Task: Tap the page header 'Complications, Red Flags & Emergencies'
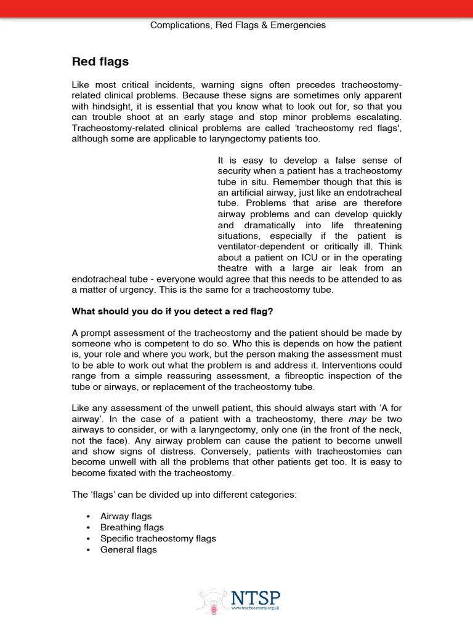[238, 25]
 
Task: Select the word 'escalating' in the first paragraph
[378, 116]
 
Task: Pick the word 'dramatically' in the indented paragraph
[265, 225]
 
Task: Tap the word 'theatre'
[233, 268]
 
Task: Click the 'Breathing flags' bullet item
[132, 527]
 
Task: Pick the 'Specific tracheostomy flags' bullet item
[158, 538]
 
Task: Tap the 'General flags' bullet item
[128, 549]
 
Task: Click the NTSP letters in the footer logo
[256, 597]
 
